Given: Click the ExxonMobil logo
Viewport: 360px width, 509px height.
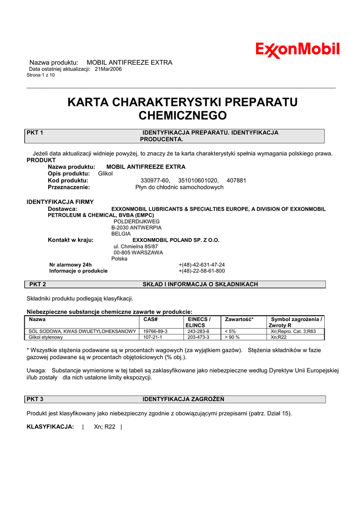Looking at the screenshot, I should pos(297,50).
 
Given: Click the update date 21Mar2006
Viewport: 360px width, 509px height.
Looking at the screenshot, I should pos(108,69).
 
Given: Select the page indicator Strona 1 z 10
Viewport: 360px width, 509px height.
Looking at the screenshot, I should pos(41,75).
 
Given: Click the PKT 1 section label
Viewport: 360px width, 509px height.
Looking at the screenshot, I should pos(35,133).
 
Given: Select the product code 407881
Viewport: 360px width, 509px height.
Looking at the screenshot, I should pos(236,180).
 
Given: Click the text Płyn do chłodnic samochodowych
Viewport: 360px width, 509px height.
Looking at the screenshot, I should pos(180,187).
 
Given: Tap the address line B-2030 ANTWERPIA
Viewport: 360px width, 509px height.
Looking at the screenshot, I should pos(136,227).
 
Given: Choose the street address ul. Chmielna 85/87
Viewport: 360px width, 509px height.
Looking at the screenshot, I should pos(136,246).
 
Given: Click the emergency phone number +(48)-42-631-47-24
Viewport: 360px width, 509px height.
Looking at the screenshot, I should pos(201,265).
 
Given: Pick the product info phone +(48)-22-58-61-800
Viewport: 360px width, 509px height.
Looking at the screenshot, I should pos(201,271).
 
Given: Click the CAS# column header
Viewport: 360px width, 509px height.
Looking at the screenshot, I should pos(150,319).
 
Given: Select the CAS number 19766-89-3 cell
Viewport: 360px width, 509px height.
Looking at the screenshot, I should pos(155,331).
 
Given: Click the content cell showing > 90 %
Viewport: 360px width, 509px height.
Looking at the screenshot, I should pos(232,337).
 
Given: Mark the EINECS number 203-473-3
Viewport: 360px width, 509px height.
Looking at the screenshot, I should pos(198,337).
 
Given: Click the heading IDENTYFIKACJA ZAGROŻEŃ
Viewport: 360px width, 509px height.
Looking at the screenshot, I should pos(183,399).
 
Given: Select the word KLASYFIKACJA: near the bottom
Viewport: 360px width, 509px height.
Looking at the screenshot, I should pos(50,426).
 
